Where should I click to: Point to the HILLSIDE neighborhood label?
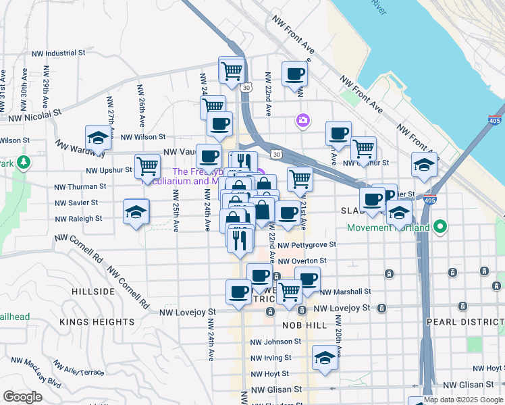tap(92, 291)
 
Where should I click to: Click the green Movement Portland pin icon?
tap(441, 227)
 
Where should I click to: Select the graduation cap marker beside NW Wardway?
tap(99, 138)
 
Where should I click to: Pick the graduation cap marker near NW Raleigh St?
tap(136, 211)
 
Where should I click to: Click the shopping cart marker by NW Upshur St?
tap(147, 165)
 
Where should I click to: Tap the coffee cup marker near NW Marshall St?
tap(307, 279)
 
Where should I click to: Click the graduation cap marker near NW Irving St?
tap(325, 357)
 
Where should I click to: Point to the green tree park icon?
tap(24, 163)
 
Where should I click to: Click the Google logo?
tap(22, 397)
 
